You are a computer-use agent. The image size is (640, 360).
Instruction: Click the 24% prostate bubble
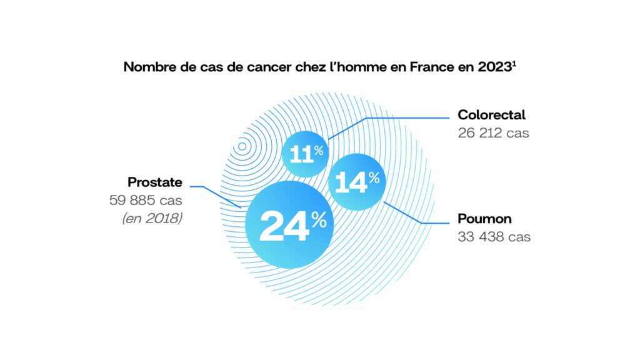pos(288,224)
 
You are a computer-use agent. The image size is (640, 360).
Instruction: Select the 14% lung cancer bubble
pos(356,181)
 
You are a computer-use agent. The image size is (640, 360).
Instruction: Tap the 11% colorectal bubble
pos(304,154)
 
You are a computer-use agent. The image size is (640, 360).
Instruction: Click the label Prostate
pos(155,182)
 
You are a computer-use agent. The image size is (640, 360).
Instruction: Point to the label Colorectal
pos(491,115)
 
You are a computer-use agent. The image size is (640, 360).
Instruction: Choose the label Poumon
pos(484,219)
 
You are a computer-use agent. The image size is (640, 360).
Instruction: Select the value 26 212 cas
pos(493,133)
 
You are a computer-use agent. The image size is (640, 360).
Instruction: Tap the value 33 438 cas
pos(494,237)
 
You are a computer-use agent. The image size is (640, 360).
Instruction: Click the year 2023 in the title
pos(494,67)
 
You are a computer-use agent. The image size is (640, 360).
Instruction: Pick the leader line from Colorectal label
pos(406,117)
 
